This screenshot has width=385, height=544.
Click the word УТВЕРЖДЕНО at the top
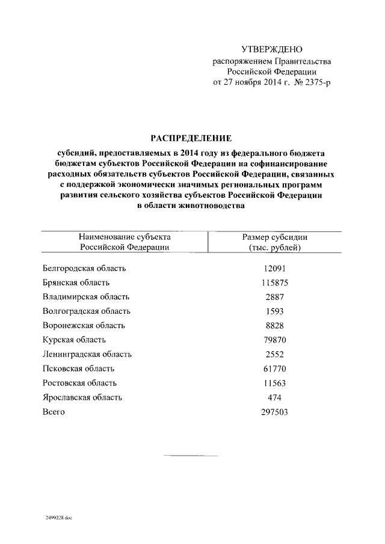tap(271, 49)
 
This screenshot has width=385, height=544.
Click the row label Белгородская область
tap(84, 268)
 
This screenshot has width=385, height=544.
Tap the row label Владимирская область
tap(86, 297)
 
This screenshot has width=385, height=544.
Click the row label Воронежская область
tap(84, 326)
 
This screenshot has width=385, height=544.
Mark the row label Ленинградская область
tap(87, 355)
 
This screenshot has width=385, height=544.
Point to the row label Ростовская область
tap(80, 383)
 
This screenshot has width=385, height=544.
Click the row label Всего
tap(54, 412)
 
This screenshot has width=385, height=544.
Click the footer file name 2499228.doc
tap(58, 517)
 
